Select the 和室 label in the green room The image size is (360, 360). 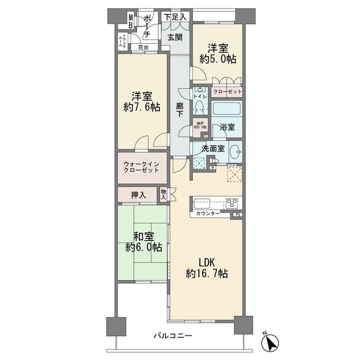144,236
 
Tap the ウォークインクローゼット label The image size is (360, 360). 141,167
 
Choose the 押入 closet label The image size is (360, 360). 138,194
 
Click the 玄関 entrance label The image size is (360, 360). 175,38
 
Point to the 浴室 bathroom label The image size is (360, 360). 227,127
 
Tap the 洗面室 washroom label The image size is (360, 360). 213,148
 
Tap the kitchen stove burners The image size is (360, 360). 231,203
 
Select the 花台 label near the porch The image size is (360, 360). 143,48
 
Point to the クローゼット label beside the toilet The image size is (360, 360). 227,92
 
